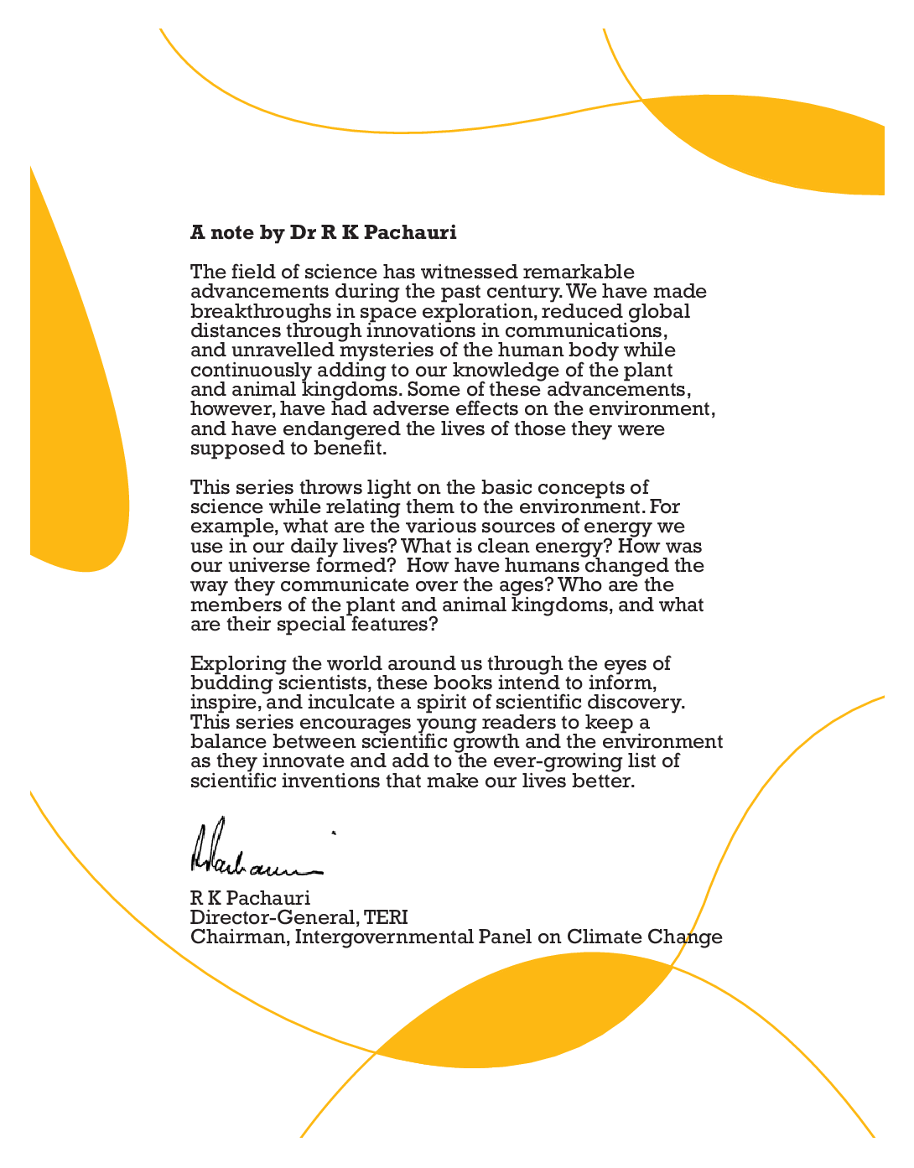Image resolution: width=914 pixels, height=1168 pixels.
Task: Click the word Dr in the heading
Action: point(303,232)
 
